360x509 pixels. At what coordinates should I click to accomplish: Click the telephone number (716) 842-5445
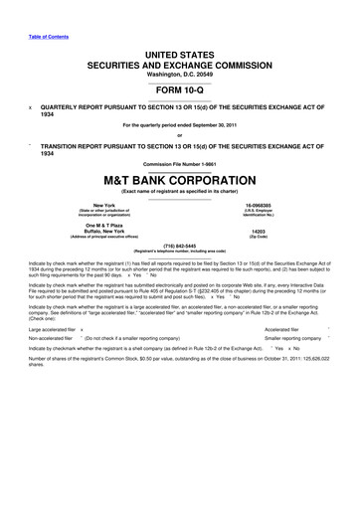[180, 245]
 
